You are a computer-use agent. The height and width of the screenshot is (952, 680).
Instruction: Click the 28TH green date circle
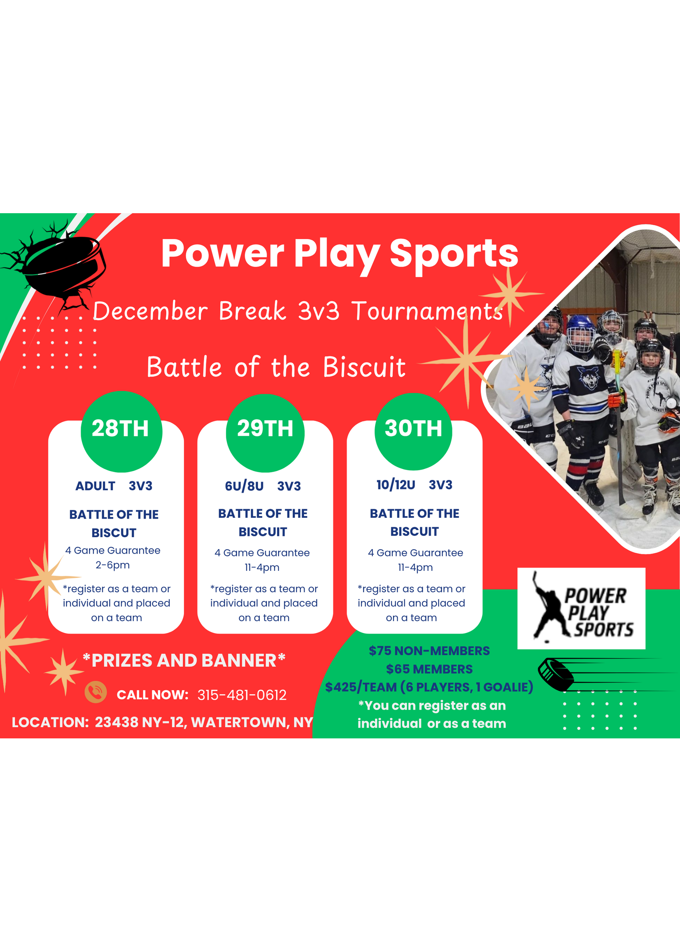tap(121, 431)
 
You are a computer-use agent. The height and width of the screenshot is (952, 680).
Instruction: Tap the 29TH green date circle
tap(265, 432)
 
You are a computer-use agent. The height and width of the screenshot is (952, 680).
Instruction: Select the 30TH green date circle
tap(413, 431)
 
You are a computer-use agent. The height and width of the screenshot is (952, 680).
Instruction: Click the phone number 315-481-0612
tap(242, 695)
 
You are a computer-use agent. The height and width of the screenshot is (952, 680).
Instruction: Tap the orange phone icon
tap(95, 691)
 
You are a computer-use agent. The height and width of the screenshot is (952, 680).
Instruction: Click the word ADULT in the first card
tap(95, 486)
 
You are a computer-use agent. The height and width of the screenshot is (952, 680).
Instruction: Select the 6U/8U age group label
tap(244, 486)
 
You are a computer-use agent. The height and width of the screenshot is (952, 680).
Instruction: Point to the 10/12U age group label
tap(396, 485)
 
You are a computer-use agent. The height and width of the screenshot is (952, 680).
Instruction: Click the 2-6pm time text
tap(113, 565)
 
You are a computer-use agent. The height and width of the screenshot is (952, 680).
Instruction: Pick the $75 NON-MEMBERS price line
tap(429, 651)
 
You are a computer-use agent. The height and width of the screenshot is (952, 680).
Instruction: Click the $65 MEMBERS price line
tap(429, 669)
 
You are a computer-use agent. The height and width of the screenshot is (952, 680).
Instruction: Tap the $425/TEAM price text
tap(361, 687)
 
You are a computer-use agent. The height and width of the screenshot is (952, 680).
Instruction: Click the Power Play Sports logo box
tap(581, 608)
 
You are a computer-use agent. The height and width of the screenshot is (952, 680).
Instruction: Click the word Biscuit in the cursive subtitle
tap(364, 367)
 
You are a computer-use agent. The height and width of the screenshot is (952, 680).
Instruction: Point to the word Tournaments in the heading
tap(427, 312)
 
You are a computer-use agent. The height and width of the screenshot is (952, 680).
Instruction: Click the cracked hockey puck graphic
tap(63, 264)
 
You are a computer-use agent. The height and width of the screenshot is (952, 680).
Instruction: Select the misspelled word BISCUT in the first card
tap(114, 533)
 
